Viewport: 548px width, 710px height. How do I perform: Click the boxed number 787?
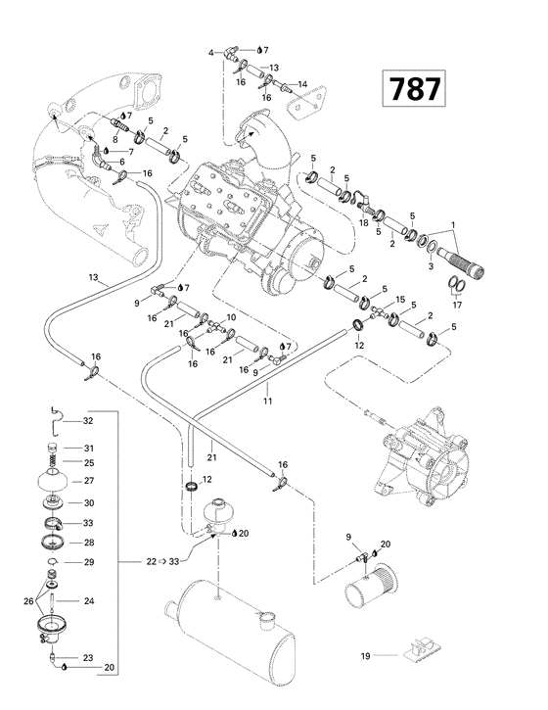pos(414,89)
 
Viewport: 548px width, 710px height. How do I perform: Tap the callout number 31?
pos(87,448)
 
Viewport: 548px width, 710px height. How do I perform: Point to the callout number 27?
pos(87,481)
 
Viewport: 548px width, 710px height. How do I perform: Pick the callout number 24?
pos(87,601)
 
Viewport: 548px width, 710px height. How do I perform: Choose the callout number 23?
pos(87,658)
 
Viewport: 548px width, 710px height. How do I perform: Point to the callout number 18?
pos(364,224)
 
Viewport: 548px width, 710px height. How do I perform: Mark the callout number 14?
pos(302,83)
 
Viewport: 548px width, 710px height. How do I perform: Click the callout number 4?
pos(210,51)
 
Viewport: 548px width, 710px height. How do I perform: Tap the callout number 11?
pos(265,400)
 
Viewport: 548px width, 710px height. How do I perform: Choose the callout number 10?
pos(231,318)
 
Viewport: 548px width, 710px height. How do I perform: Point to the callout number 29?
pos(87,562)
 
